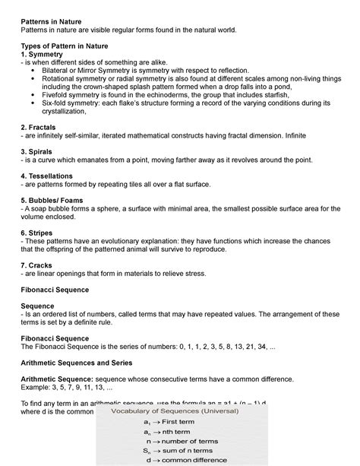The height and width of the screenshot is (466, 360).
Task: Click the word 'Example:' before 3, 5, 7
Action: pyautogui.click(x=37, y=387)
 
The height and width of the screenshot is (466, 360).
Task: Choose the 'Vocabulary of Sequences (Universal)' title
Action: pyautogui.click(x=175, y=411)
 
